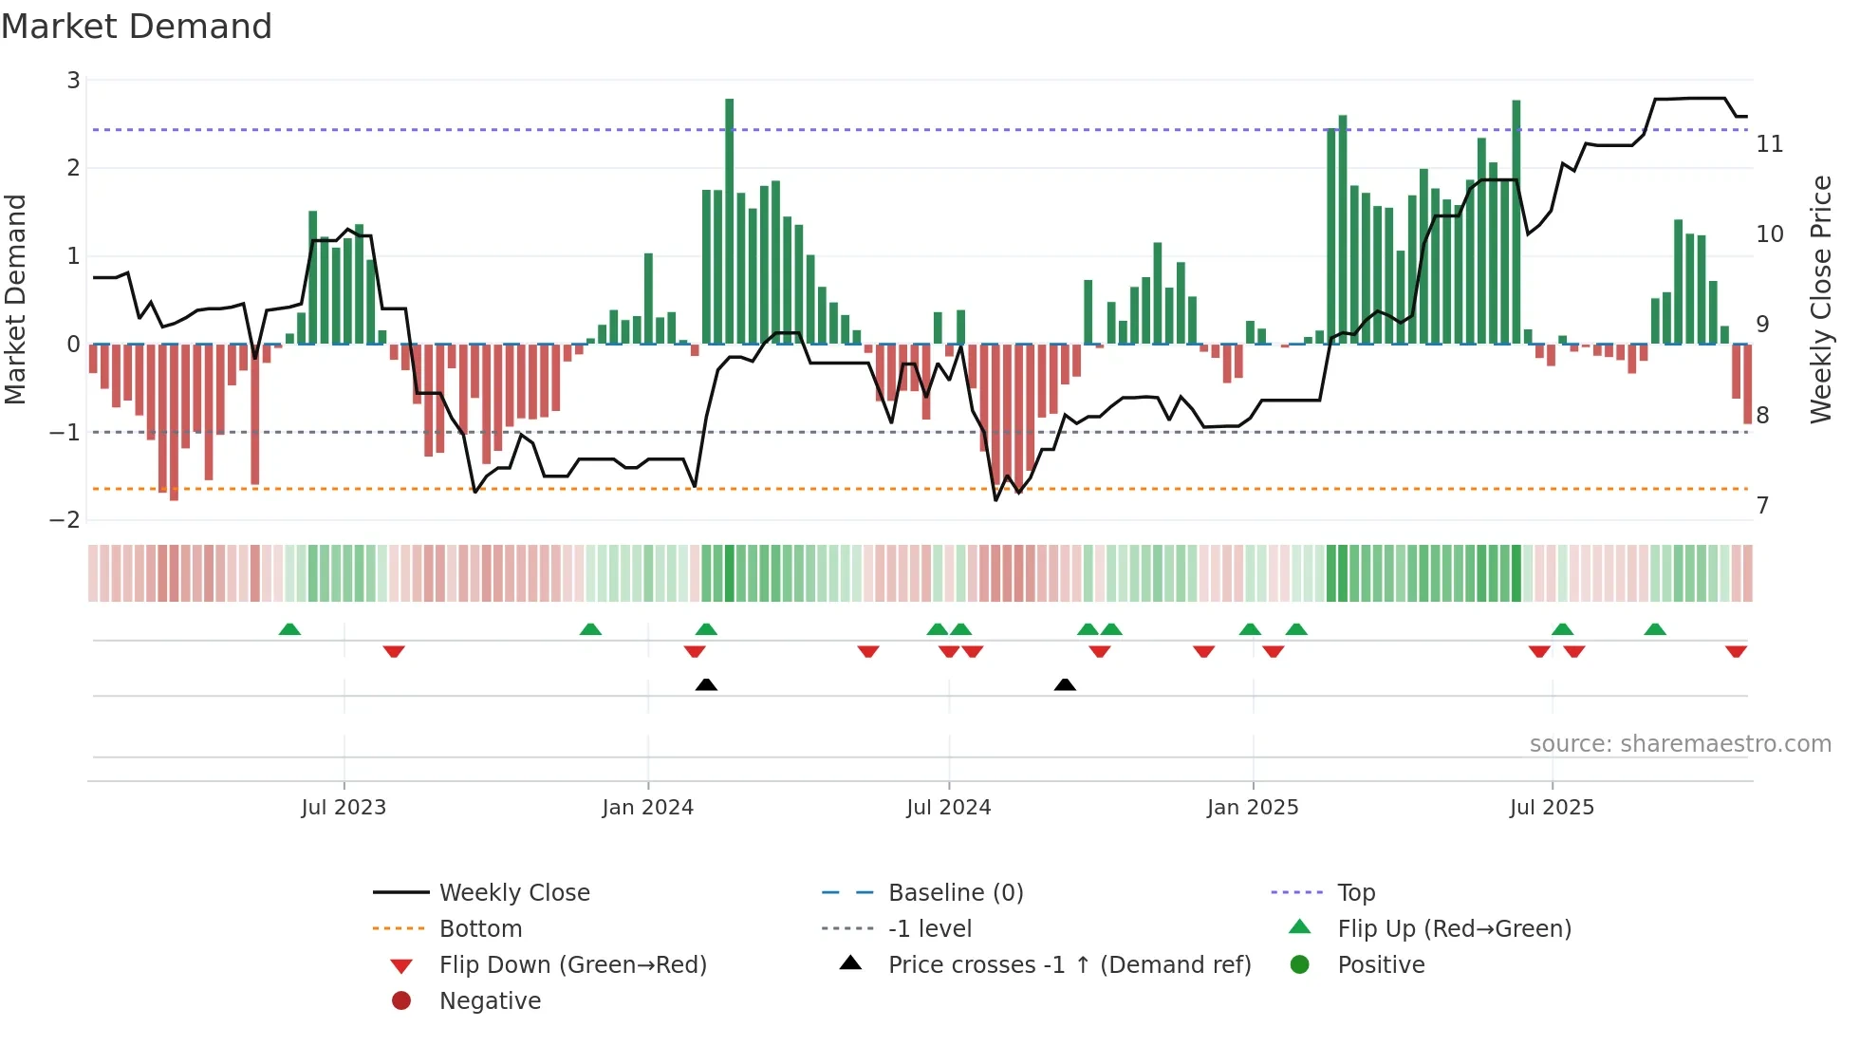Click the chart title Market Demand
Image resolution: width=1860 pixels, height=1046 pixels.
(137, 27)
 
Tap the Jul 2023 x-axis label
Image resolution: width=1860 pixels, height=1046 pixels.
(344, 808)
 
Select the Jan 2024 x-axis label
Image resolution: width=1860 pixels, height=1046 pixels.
(647, 808)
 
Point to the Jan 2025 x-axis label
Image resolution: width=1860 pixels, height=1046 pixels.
(1252, 808)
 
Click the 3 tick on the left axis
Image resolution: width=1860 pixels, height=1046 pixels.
(73, 81)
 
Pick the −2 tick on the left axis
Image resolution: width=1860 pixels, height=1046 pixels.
(65, 520)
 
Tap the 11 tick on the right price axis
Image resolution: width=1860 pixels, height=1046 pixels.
(1769, 144)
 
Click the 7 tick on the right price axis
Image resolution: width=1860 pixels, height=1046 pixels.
(1762, 505)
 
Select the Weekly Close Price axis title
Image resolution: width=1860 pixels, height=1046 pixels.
(1820, 299)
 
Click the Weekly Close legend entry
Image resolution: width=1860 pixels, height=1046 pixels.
(513, 893)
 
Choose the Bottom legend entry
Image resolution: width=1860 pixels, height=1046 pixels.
(480, 929)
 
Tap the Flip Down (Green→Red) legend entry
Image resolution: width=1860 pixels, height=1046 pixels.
(572, 965)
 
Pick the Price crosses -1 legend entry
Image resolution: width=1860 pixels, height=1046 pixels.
(1069, 965)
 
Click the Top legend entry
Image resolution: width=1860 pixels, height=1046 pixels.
(1355, 893)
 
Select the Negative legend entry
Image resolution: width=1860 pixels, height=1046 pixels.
(490, 1001)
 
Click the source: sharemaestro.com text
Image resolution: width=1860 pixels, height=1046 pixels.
(1680, 744)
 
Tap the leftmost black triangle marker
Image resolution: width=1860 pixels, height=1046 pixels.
(706, 684)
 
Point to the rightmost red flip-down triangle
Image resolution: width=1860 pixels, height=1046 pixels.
(1736, 651)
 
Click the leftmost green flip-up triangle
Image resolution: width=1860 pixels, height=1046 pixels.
(289, 629)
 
